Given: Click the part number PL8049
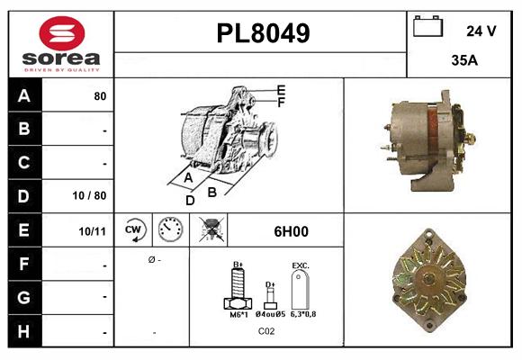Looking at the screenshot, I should point(262,33).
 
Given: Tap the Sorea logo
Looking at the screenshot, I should point(61,44).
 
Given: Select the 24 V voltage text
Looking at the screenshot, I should point(481,31).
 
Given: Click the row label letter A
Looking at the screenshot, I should point(23,95).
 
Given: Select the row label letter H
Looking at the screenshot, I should point(23,332).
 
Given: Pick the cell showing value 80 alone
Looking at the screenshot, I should point(100,95).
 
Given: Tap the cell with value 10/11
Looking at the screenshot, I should point(94,231).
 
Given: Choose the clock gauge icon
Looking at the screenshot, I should point(169,230).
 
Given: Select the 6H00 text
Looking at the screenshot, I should point(291,231).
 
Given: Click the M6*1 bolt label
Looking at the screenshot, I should point(238,314).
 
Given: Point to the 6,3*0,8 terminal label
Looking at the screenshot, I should point(303,314).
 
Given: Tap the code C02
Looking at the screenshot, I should point(266,332).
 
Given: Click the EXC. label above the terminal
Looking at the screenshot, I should point(301,266).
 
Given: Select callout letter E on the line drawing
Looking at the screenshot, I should point(281,89).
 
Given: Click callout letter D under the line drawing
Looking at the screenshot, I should point(190,200).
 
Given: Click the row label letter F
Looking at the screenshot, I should point(23,265).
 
